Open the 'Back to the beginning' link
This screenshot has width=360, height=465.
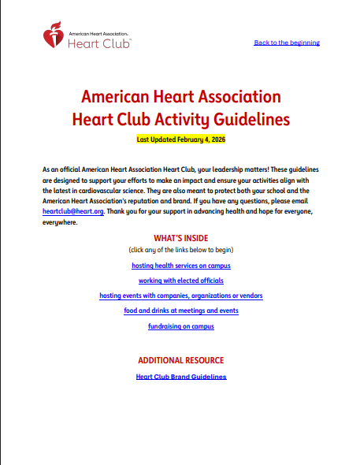287,43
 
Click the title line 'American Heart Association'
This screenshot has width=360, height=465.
180,97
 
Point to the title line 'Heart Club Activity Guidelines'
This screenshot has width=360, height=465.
180,120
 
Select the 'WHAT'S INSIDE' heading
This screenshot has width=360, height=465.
180,237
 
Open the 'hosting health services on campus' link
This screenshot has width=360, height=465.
181,266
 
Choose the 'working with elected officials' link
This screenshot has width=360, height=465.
181,281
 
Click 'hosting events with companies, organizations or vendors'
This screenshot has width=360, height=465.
181,296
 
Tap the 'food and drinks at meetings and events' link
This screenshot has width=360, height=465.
181,311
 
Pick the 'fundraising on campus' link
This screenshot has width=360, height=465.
181,325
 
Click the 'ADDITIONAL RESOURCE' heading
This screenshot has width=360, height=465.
181,360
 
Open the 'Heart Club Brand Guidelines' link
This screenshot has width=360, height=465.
181,377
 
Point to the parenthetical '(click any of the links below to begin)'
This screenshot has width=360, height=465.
181,250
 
